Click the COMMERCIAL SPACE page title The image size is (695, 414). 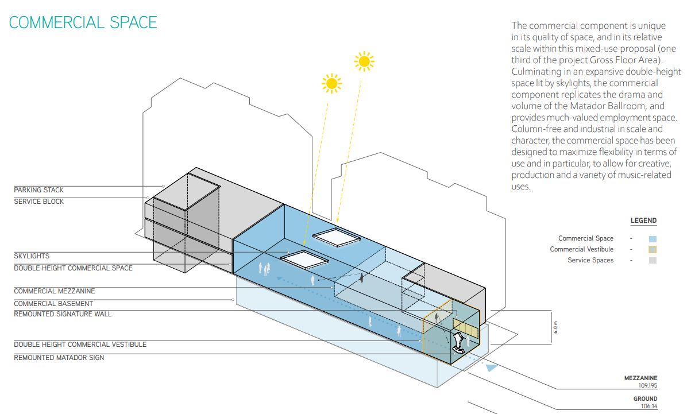click(x=83, y=22)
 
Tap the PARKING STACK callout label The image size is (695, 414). click(x=38, y=190)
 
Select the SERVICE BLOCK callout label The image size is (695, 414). click(x=38, y=202)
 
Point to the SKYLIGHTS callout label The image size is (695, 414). click(x=32, y=256)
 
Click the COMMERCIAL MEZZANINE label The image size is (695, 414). click(x=55, y=291)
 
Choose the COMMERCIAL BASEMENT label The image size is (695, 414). click(x=53, y=304)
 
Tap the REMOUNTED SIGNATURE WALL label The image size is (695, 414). click(x=63, y=314)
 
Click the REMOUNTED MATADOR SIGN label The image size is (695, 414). click(x=59, y=358)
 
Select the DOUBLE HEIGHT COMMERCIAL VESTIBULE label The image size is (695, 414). click(x=80, y=345)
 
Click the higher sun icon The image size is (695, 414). click(x=364, y=61)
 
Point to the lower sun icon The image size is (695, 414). click(x=331, y=83)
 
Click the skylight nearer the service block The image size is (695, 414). click(x=304, y=260)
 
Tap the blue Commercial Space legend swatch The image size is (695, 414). click(x=653, y=239)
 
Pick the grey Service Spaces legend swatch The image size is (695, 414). click(x=653, y=261)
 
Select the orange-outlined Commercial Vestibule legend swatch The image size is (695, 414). click(x=653, y=250)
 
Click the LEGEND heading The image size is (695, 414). click(x=644, y=220)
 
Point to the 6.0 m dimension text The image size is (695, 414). click(x=555, y=327)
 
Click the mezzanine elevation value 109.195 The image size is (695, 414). click(x=648, y=385)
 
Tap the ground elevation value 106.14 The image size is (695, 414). click(x=649, y=406)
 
